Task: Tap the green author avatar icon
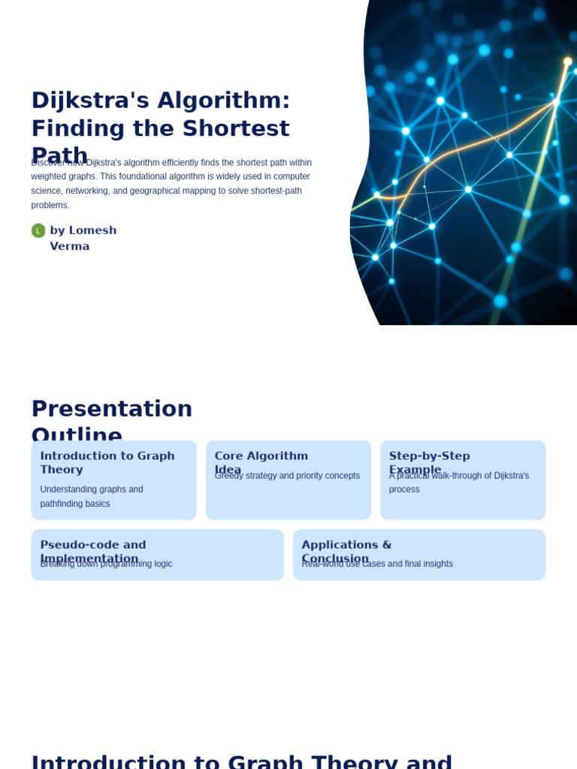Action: point(38,231)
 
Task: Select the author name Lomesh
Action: point(92,231)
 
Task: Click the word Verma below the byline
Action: point(69,246)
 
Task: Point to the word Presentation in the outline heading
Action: point(112,409)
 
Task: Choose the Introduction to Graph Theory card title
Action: point(107,463)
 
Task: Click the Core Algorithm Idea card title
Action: point(261,457)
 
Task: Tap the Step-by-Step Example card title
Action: point(429,457)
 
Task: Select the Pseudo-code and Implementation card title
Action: point(92,545)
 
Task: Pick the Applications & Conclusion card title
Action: point(346,545)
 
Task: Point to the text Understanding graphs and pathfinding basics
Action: point(91,496)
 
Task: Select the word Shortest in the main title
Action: point(235,128)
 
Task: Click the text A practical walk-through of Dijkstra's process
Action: point(458,482)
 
